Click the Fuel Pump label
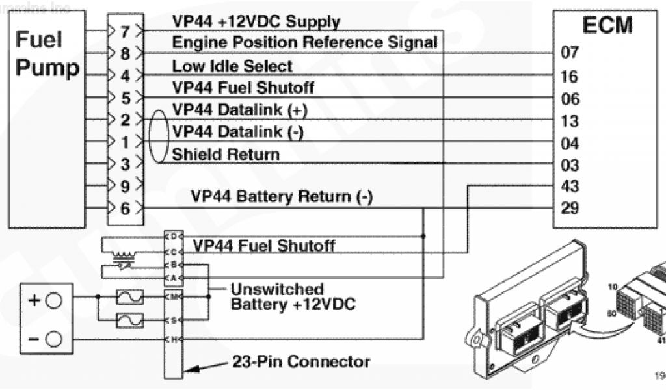[47, 54]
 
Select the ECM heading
[607, 25]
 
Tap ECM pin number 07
[569, 53]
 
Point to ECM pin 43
[569, 187]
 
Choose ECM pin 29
[569, 209]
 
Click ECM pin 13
[569, 121]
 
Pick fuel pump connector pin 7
[126, 31]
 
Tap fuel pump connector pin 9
[126, 187]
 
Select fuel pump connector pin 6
[126, 209]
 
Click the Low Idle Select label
[232, 66]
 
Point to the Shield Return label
[226, 155]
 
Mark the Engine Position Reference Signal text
[304, 44]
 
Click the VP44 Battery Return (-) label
[282, 196]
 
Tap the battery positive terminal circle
[54, 300]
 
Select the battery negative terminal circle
[54, 339]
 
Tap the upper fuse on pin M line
[129, 296]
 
